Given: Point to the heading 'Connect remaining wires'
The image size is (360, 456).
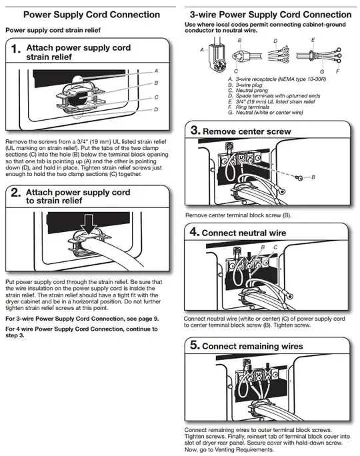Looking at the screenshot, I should coord(252,346).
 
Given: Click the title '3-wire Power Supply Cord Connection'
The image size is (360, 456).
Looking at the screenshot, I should coord(270,14).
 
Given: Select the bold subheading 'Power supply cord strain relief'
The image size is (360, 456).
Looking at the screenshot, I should coord(53,30).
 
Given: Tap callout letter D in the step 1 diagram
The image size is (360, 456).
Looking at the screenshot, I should coord(155,109).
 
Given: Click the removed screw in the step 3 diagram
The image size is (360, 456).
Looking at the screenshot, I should coord(301,177).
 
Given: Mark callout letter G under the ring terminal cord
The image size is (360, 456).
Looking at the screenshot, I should coord(321,71).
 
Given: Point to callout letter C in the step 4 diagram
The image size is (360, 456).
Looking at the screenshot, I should coord(275,247).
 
